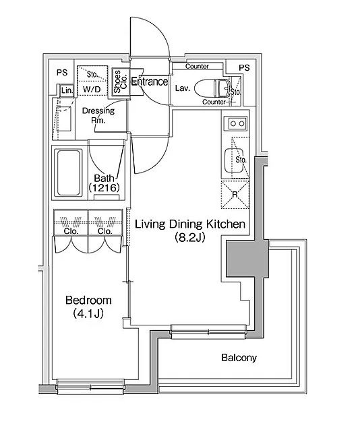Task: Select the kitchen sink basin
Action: [234, 160]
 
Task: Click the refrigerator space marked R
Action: [235, 195]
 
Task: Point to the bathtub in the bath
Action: [68, 172]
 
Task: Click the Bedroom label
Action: [88, 301]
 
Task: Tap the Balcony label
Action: [239, 358]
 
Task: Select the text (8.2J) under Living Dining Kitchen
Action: [189, 237]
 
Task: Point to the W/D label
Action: [92, 90]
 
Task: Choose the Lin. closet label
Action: [67, 90]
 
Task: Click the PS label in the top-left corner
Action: [62, 73]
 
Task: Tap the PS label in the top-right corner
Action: [244, 67]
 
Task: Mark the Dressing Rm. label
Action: [98, 115]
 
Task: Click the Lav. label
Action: [183, 88]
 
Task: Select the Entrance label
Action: [150, 82]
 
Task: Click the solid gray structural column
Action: [247, 259]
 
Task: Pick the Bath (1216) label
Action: [104, 183]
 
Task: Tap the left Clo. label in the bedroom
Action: [71, 231]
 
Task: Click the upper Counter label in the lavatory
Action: [198, 67]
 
